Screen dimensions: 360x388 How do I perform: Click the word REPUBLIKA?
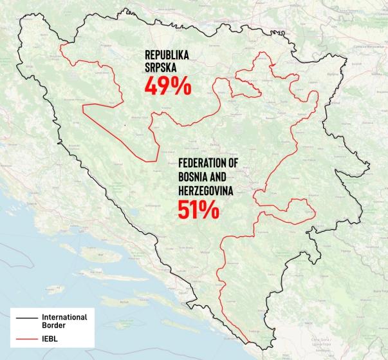coord(168,56)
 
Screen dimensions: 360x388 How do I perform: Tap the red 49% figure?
coord(167,87)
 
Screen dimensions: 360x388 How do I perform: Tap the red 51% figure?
coord(198,210)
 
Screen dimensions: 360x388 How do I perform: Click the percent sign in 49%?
coord(181,87)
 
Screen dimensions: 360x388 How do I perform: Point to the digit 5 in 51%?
coord(185,210)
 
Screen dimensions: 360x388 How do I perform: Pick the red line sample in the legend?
coord(26,337)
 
